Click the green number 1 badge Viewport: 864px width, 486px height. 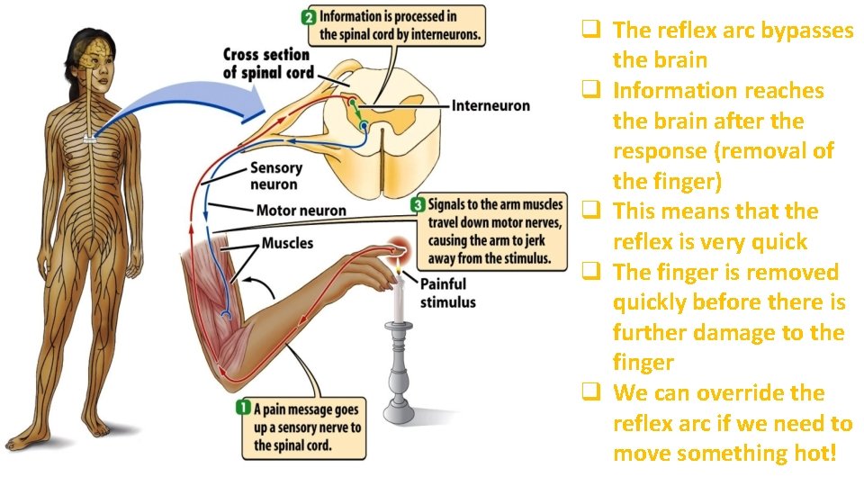coord(242,409)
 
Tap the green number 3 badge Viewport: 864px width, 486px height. coord(418,205)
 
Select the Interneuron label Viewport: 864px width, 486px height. coord(490,106)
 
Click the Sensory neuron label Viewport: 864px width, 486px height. coord(276,176)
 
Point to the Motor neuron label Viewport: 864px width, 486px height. coord(301,211)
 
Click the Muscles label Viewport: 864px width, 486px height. coord(287,243)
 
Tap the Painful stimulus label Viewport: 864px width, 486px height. coord(447,293)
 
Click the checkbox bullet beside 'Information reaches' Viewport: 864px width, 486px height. coord(590,90)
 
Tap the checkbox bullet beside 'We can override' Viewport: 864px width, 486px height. coord(590,393)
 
